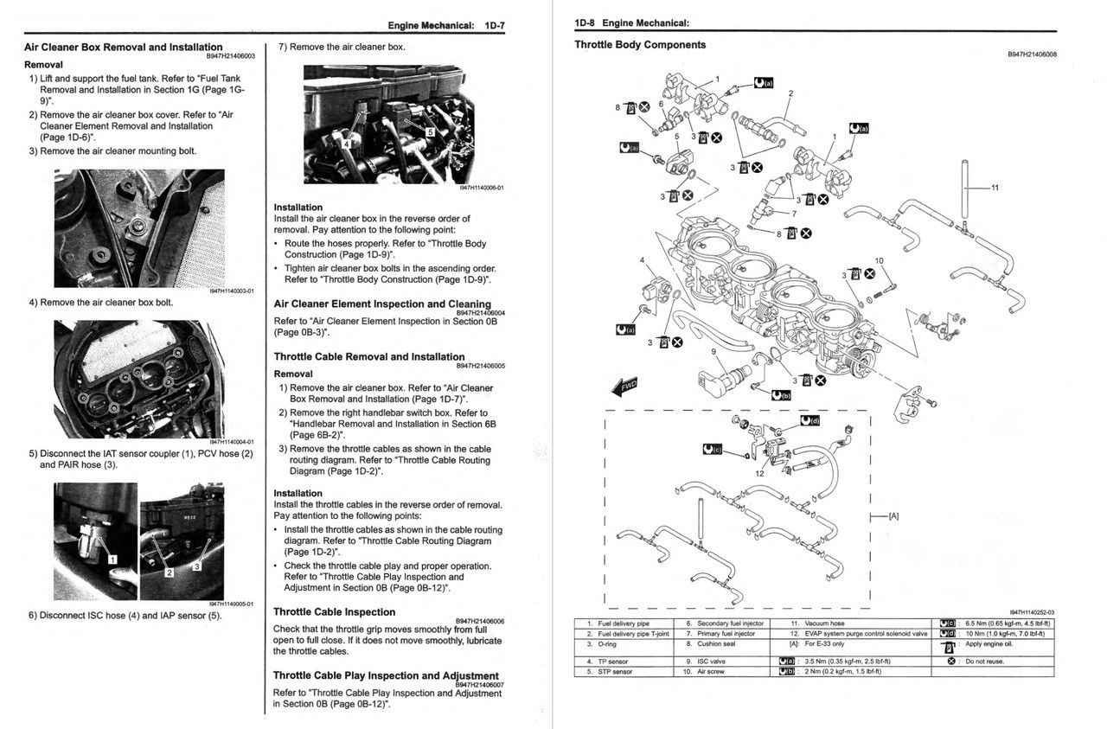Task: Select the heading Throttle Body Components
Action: coord(640,45)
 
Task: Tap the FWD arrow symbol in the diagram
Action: coord(624,386)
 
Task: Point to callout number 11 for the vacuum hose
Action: coord(995,188)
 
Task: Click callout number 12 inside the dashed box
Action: coord(759,473)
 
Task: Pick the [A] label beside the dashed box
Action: coord(893,516)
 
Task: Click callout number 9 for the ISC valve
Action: coord(713,351)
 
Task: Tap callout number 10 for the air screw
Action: coord(879,260)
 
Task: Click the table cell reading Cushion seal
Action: coord(716,644)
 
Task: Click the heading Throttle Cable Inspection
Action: coord(334,611)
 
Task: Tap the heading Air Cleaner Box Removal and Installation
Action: coord(123,48)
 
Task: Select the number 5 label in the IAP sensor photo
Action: coord(430,132)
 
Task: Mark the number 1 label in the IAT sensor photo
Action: coord(111,560)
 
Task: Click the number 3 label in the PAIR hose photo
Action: coord(196,566)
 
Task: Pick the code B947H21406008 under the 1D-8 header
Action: coord(1032,54)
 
